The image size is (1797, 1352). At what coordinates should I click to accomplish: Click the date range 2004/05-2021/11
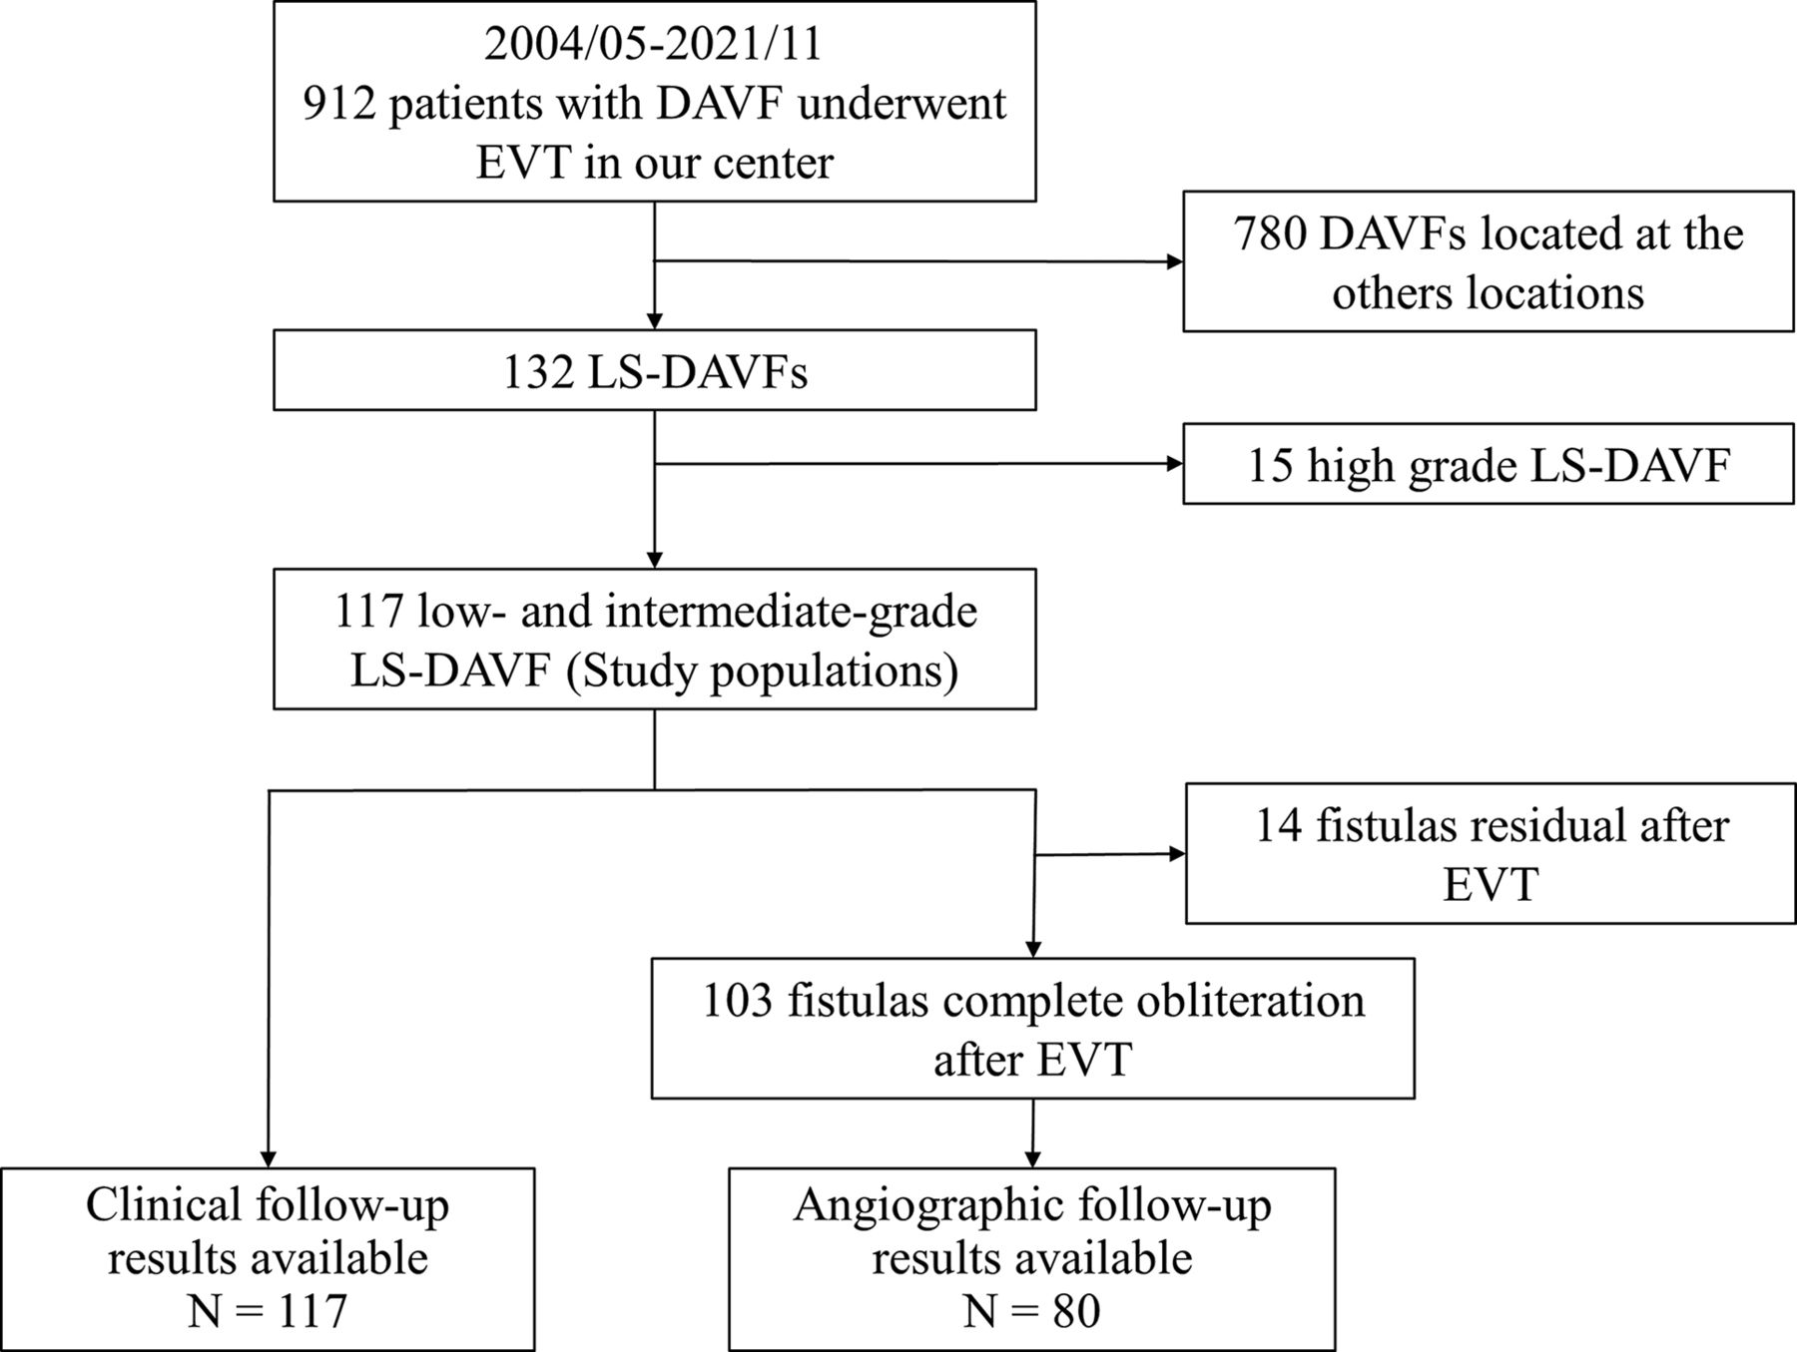pos(654,45)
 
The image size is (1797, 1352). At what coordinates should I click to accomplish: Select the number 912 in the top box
pos(339,104)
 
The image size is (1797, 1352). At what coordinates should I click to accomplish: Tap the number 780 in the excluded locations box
pos(1270,233)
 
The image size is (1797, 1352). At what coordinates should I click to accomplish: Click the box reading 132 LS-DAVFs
pos(655,370)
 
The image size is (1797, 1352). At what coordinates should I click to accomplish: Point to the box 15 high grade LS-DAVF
pos(1489,464)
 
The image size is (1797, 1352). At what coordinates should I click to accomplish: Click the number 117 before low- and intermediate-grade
pos(368,611)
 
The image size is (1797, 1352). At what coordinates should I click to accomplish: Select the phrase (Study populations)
pos(762,671)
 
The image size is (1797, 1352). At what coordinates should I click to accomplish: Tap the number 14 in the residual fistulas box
pos(1279,826)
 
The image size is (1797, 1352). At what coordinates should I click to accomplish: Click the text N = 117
pos(268,1310)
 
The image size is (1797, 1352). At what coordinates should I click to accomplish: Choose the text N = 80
pos(1032,1310)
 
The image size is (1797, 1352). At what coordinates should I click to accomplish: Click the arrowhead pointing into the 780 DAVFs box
pos(1175,262)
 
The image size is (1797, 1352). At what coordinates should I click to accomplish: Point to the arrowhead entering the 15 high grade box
pos(1175,464)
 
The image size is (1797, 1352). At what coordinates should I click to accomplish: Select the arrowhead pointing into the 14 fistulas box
pos(1177,854)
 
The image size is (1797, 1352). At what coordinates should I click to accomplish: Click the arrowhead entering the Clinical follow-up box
pos(268,1159)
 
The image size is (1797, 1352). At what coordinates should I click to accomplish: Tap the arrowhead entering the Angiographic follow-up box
pos(1032,1159)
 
